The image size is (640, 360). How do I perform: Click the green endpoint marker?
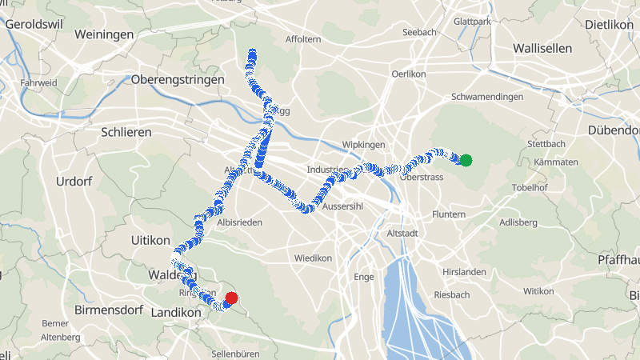click(466, 160)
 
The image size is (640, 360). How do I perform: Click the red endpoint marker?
click(231, 298)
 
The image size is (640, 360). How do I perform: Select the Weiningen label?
click(103, 34)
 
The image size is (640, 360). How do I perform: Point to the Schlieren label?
click(126, 131)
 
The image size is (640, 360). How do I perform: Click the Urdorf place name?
click(74, 182)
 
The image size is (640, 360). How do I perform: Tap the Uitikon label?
click(150, 240)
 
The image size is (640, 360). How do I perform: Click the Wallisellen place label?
click(542, 48)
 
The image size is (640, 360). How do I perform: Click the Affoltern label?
click(303, 39)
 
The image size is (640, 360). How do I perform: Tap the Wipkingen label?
click(364, 145)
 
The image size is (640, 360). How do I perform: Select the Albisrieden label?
click(240, 222)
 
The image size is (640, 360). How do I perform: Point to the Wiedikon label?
click(313, 258)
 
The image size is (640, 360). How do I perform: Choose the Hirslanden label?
click(464, 272)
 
